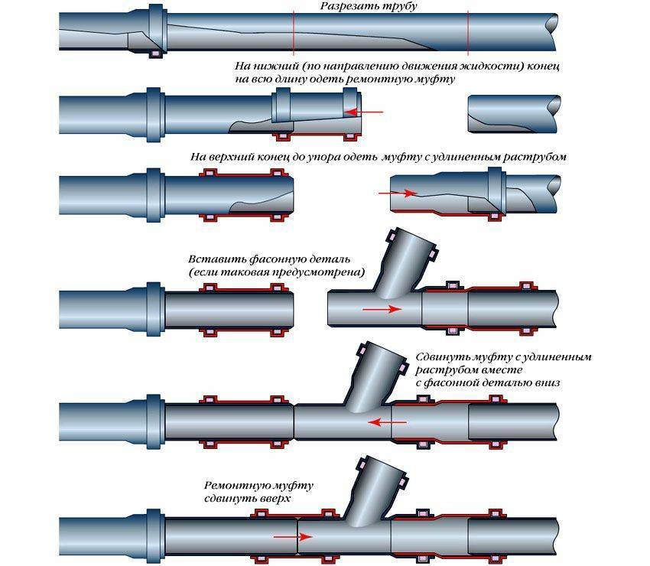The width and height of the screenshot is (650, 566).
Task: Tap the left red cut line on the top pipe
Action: coord(294,33)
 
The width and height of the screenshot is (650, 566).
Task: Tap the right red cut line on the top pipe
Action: coord(468,33)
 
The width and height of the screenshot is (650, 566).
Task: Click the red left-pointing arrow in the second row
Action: coord(363,112)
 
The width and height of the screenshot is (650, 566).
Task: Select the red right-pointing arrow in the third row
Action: coord(398,194)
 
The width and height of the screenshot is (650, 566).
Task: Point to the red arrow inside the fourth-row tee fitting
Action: coord(382,309)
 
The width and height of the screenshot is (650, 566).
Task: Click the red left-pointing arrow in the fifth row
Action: coord(388,422)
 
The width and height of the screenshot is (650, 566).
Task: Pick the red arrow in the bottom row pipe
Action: coord(293,537)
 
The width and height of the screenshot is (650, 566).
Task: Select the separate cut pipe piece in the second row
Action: coord(514,114)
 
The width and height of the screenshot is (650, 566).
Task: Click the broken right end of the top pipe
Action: coord(551,31)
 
